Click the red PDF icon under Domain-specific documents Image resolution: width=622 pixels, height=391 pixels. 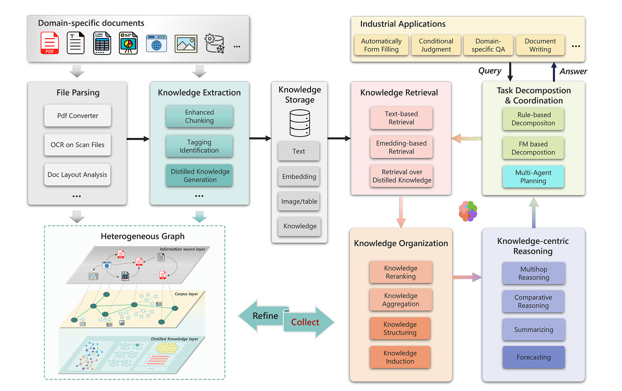(50, 43)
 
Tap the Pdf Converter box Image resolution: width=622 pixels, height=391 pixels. (77, 115)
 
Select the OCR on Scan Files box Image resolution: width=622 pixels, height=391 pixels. (77, 145)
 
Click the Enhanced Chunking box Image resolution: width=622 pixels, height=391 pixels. (200, 116)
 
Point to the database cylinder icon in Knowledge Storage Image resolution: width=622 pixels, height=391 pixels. (299, 123)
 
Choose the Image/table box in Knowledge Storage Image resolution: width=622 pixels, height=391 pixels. (299, 201)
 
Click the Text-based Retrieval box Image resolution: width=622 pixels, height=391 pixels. (401, 118)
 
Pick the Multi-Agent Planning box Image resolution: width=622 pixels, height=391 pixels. (533, 176)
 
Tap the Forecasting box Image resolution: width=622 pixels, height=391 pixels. (534, 357)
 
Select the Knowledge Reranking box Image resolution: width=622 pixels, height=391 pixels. (401, 272)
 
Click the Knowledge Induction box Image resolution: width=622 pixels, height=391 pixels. (400, 357)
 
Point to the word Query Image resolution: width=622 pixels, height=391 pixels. (490, 71)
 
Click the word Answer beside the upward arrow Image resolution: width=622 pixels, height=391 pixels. (573, 71)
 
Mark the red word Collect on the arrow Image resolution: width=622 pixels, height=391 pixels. (305, 322)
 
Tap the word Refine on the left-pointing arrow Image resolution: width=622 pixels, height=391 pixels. (265, 316)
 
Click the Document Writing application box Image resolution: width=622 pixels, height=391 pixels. (540, 45)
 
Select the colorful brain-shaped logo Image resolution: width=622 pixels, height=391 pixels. (468, 211)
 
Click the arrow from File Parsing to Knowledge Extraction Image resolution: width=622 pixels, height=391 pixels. (138, 139)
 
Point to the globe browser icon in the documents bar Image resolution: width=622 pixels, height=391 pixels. (156, 44)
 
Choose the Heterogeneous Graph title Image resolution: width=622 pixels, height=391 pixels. (142, 236)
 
